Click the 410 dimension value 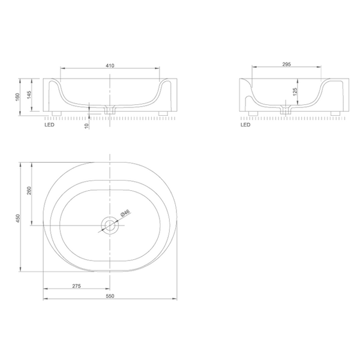(110, 65)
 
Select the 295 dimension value (287, 64)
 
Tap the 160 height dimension (17, 97)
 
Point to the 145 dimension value (29, 95)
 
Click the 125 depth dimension (295, 92)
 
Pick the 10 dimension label (86, 126)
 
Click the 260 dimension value (29, 191)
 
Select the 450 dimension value (18, 218)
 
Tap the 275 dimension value (76, 286)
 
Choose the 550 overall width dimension (110, 296)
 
